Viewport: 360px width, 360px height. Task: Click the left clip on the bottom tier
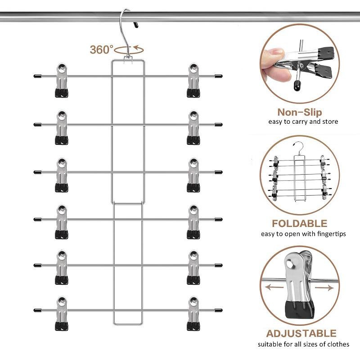pos(63,314)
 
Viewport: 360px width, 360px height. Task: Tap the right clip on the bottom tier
pos(193,314)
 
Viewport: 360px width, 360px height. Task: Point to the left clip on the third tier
pos(63,175)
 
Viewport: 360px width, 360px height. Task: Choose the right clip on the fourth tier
pos(193,222)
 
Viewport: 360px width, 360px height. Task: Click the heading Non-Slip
pos(300,112)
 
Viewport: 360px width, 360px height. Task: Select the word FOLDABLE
pos(299,224)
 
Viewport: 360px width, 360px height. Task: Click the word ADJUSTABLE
pos(301,333)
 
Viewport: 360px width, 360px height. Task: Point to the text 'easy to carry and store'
pos(303,122)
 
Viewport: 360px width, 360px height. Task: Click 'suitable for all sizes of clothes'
pos(303,344)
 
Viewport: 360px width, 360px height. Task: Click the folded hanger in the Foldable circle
pos(299,178)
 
